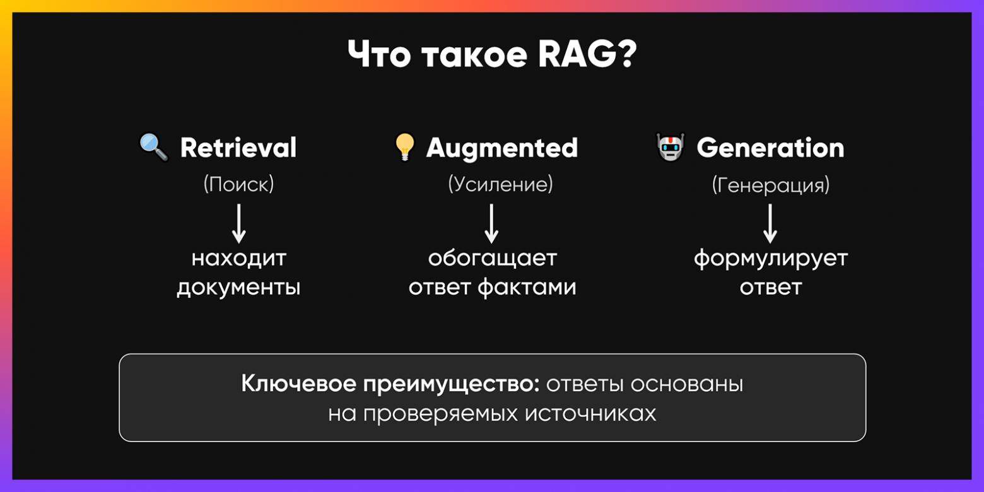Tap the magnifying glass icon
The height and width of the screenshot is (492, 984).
pos(153,148)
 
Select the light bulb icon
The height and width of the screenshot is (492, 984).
pos(404,148)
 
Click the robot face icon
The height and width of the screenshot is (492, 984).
pos(670,148)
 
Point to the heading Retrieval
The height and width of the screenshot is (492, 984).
pos(238,148)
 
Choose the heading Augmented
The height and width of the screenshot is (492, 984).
pos(502,148)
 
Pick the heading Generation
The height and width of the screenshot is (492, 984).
pos(770,148)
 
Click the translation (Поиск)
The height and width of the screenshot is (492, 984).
pos(238,184)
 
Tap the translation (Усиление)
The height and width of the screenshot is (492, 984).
pos(500,184)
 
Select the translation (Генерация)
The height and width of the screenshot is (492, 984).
pos(771,185)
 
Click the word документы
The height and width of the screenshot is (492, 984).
pos(238,288)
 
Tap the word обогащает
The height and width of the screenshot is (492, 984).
pos(493,259)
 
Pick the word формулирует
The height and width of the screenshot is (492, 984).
pos(771,259)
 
